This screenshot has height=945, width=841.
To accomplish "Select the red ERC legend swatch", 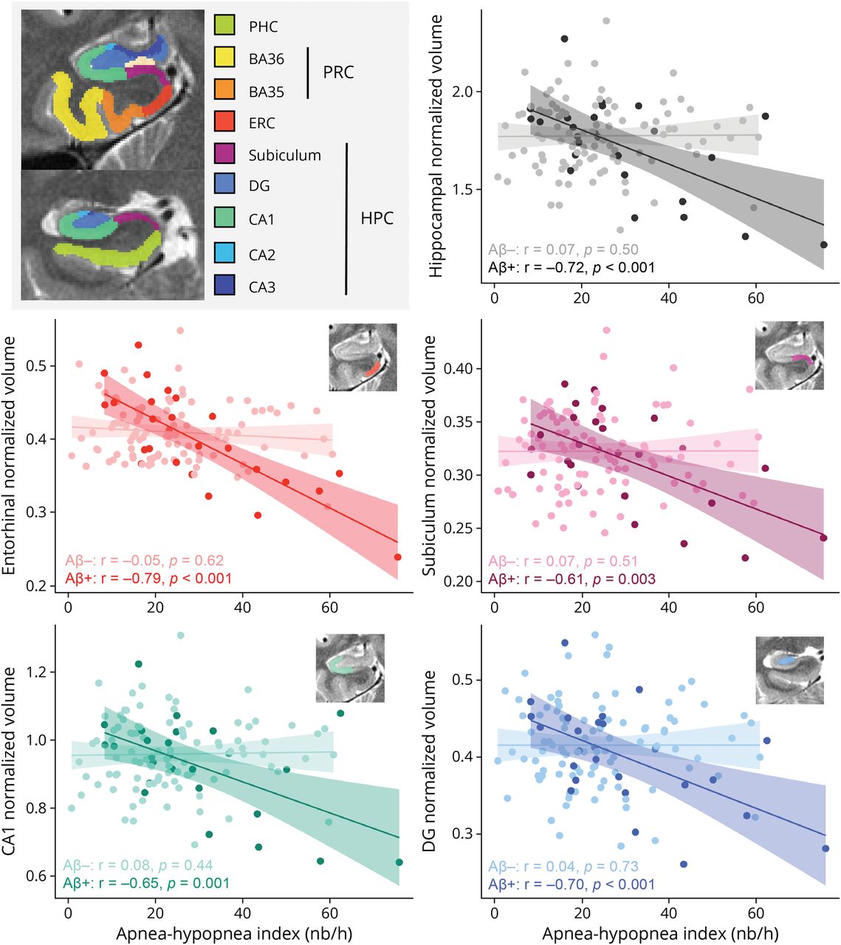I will (x=224, y=122).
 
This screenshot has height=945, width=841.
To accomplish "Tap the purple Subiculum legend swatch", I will (x=224, y=154).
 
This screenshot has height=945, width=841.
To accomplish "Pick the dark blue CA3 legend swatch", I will (x=224, y=286).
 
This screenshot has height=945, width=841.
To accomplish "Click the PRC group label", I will (x=338, y=72).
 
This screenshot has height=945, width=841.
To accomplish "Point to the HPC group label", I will (x=377, y=219).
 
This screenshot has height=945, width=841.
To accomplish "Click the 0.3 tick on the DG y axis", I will (x=468, y=834).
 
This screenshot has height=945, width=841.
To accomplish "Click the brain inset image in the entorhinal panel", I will (x=363, y=357).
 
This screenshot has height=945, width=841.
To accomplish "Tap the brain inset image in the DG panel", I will (x=789, y=670).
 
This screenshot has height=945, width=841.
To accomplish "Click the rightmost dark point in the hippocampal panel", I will (x=824, y=244).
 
